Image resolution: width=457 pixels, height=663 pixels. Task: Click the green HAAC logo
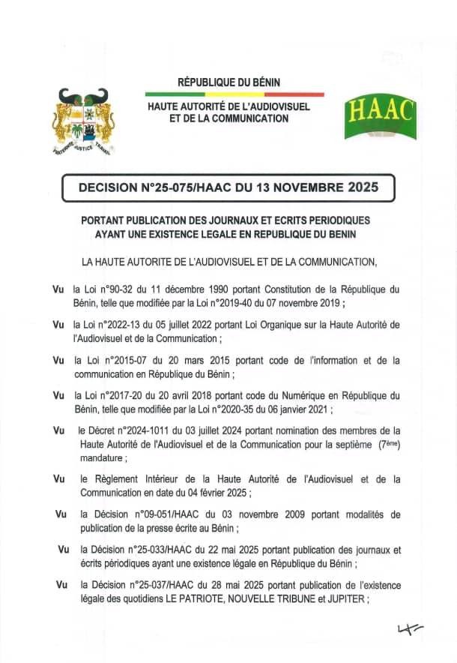pyautogui.click(x=380, y=118)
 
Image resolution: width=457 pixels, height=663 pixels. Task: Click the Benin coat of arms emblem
pyautogui.click(x=81, y=121)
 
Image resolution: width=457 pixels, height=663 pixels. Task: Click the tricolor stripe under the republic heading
pyautogui.click(x=235, y=94)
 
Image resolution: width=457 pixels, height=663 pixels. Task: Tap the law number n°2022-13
pyautogui.click(x=124, y=324)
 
